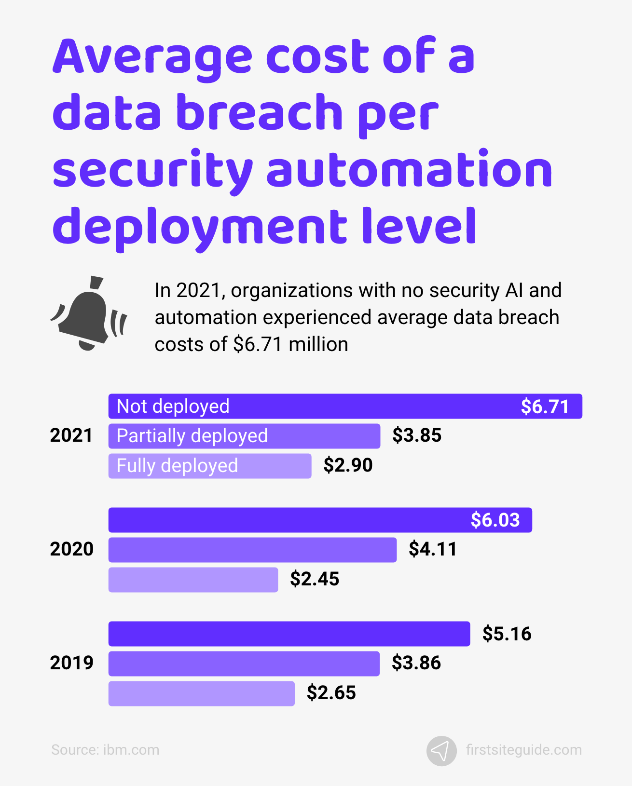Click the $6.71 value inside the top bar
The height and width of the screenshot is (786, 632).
(545, 407)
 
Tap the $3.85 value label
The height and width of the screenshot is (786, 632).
(417, 435)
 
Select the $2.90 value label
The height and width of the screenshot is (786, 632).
(348, 465)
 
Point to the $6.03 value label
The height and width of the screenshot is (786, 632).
(495, 520)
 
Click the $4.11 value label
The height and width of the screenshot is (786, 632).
(433, 549)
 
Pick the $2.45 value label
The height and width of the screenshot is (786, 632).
(315, 579)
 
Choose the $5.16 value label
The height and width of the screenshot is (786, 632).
(507, 634)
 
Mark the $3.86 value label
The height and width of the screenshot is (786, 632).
(416, 663)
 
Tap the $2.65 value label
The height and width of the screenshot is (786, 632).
(331, 693)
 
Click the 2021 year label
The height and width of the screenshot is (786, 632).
(71, 435)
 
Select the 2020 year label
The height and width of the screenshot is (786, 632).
(71, 549)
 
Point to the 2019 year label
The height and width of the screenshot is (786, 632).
(71, 663)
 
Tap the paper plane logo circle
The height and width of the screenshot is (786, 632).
(441, 751)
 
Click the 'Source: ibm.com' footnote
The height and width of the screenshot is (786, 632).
(105, 750)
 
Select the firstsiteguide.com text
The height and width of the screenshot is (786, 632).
(523, 750)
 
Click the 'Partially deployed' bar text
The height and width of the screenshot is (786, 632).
(192, 436)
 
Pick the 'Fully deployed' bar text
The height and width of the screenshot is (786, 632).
(177, 466)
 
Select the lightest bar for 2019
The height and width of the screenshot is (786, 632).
(201, 693)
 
